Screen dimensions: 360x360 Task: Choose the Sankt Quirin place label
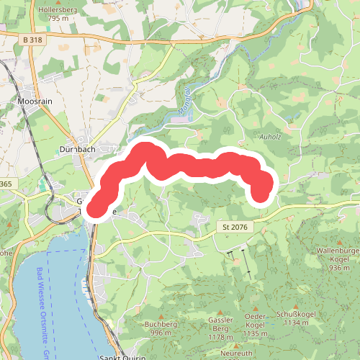click(x=122, y=357)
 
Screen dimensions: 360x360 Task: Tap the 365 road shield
click(x=6, y=185)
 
